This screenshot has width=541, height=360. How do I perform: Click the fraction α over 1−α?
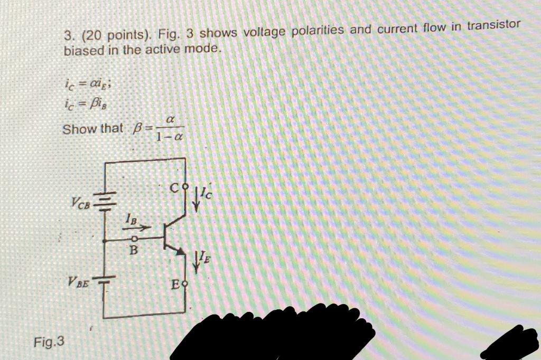pos(170,130)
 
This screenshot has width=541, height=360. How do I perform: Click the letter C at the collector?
pos(174,187)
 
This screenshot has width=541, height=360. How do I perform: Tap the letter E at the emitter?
pos(175,286)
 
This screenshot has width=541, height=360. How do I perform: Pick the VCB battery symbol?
pos(106,200)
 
